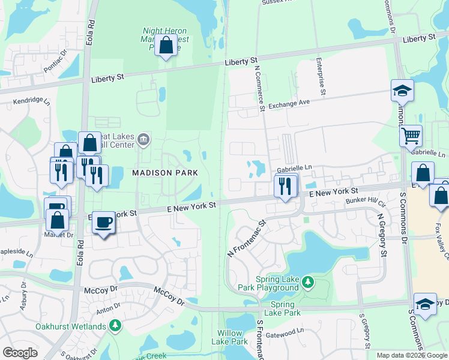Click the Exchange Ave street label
tap(289, 104)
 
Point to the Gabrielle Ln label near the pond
tap(295, 169)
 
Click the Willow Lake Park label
tap(229, 337)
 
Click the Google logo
tap(20, 353)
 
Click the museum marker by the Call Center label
tap(143, 140)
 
